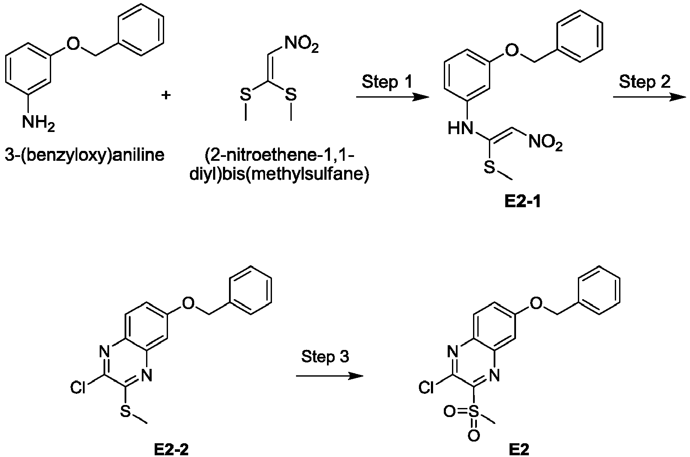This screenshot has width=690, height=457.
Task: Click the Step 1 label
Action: pos(387,82)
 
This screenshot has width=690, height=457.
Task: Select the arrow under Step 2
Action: pos(650,98)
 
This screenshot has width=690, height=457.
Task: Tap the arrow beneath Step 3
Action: pos(329,376)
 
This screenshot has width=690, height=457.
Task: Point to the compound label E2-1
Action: pos(523,202)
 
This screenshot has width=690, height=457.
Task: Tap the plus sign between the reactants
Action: pos(166,95)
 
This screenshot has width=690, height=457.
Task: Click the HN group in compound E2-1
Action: pos(460,128)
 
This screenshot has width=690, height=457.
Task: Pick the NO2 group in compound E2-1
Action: pos(546,143)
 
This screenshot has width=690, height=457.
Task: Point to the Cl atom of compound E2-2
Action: pos(78,387)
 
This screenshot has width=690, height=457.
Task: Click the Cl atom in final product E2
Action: pos(426,387)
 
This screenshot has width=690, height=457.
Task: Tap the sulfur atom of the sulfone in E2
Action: pos(473,412)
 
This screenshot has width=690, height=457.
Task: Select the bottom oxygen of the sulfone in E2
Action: pos(474,436)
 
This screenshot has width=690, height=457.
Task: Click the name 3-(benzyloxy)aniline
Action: pos(85,155)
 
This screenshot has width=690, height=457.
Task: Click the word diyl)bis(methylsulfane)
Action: pos(279,175)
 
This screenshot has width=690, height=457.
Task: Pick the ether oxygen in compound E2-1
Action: pos(513,51)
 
